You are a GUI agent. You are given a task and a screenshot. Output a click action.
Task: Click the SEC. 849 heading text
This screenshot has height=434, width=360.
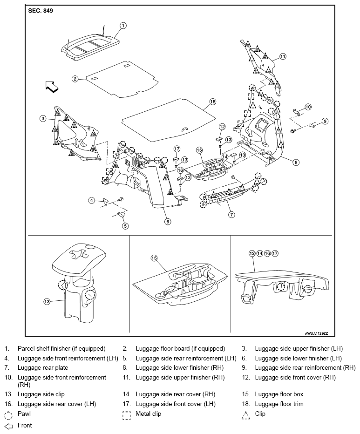tap(41, 11)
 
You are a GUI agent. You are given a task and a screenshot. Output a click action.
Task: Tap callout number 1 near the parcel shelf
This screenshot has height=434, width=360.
tap(123, 26)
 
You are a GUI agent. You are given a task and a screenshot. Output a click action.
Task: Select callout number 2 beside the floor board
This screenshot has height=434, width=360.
tap(75, 79)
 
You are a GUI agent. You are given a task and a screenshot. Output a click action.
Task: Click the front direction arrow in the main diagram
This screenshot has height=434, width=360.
tap(52, 86)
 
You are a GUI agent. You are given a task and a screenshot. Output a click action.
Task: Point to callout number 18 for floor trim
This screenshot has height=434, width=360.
tap(212, 102)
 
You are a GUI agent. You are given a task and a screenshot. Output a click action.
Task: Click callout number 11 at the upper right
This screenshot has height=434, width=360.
tap(283, 56)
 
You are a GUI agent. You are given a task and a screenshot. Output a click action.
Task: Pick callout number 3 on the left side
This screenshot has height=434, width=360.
tap(43, 119)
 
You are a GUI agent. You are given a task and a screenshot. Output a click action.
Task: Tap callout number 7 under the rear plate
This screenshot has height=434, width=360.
tap(231, 215)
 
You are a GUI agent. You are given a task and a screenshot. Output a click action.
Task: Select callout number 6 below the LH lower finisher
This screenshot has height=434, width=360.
tap(168, 222)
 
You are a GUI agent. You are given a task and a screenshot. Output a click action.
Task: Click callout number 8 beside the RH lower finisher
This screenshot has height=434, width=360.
tap(296, 162)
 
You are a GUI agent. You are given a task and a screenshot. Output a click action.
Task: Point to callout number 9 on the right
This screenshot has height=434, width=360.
tap(325, 121)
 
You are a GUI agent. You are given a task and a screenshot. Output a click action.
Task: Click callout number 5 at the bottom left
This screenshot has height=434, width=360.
tap(125, 226)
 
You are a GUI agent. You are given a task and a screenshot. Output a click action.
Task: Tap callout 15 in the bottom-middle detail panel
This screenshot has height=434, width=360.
tap(154, 258)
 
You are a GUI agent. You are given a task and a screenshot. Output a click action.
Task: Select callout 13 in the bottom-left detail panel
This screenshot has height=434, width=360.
tap(47, 301)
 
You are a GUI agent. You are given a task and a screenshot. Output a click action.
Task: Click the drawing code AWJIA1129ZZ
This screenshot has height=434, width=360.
tap(316, 333)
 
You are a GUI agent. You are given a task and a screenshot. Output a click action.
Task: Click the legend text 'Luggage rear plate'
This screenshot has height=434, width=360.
tap(43, 368)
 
